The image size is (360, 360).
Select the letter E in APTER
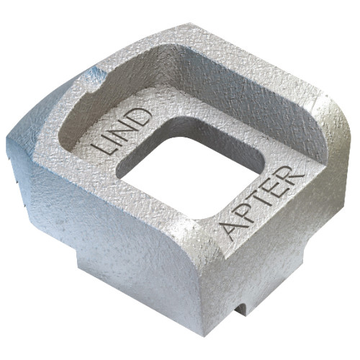tap(274, 188)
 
